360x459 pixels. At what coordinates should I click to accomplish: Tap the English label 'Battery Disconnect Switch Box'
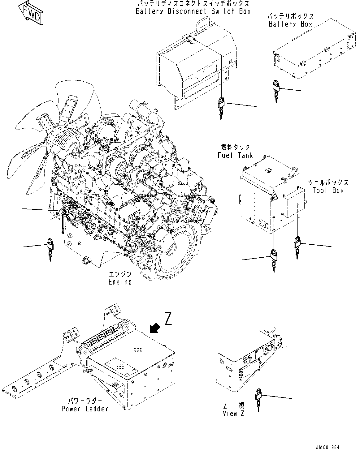193,11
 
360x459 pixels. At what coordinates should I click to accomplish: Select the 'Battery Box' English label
290,24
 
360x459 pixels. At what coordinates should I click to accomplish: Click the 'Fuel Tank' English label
235,155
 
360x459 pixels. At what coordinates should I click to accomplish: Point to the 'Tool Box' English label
328,190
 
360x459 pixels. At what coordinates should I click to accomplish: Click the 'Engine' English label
120,282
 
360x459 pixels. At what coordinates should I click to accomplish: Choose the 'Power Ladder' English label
85,409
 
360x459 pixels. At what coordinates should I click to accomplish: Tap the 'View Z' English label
233,414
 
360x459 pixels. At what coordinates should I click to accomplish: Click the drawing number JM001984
328,447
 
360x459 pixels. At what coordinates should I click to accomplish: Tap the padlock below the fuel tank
274,255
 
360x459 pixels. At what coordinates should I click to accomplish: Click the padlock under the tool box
297,242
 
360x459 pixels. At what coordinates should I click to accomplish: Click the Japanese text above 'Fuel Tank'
235,147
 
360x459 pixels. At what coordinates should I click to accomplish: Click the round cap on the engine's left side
65,212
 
